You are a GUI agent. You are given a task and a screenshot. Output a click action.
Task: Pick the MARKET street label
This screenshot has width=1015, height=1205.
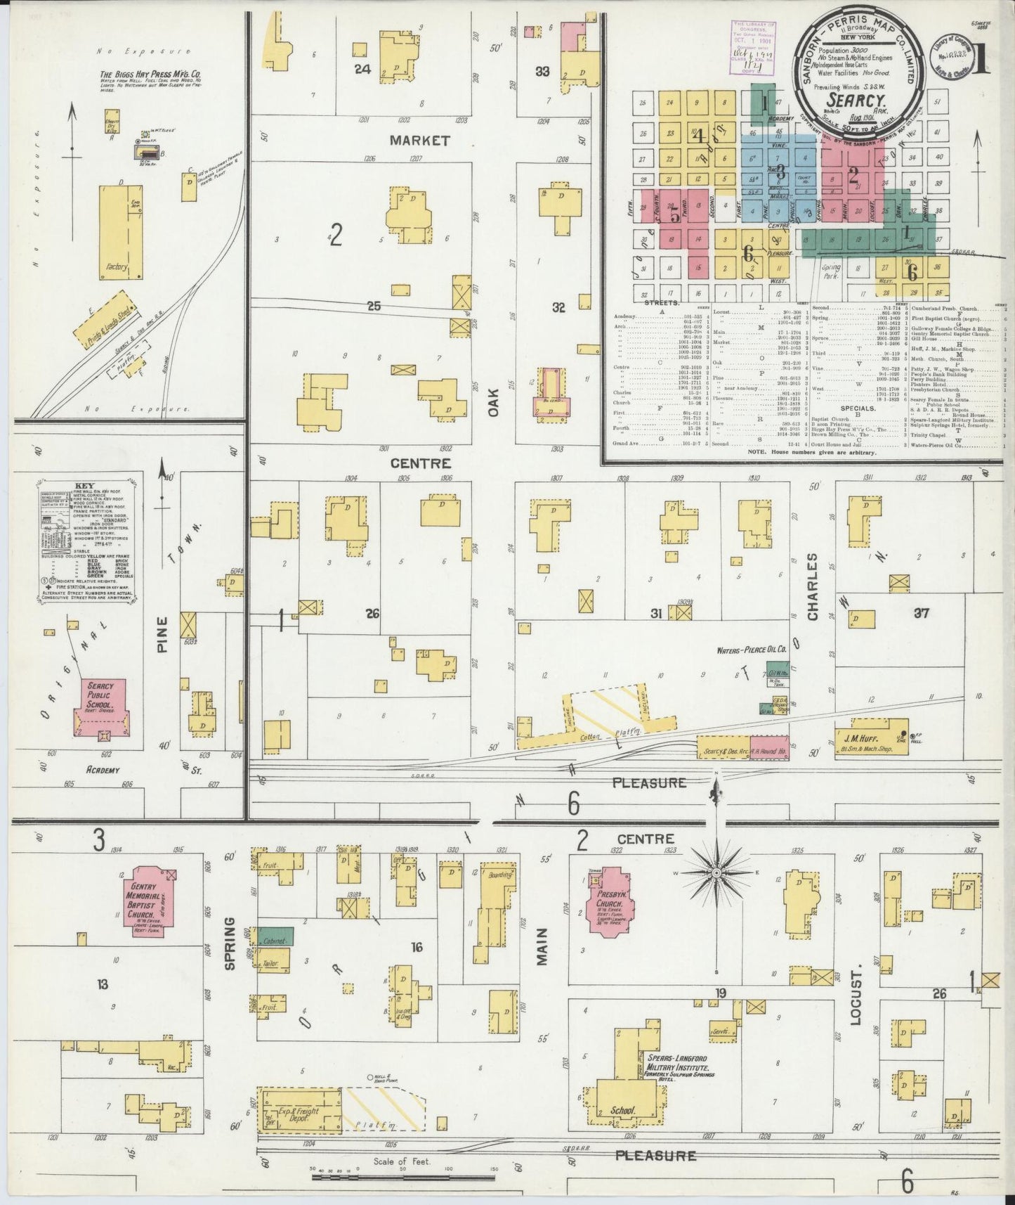[x=419, y=141]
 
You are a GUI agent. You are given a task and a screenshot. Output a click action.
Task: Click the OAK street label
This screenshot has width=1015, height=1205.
[x=494, y=402]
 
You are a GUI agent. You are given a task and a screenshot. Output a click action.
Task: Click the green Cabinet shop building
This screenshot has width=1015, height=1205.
[x=276, y=936]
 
